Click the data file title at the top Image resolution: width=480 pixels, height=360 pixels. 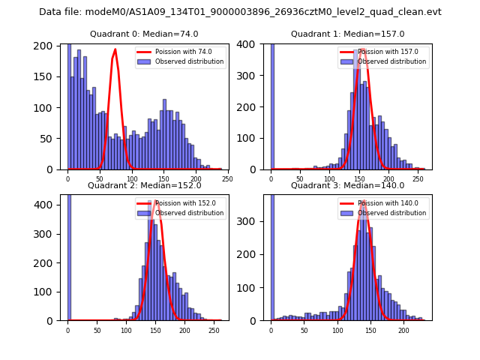click(240, 12)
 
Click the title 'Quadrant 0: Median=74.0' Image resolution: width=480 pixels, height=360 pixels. click(144, 34)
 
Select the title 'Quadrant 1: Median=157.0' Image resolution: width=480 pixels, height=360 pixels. click(347, 34)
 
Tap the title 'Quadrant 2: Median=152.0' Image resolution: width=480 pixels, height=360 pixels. click(144, 185)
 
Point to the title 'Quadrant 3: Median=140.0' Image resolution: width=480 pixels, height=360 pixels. click(347, 185)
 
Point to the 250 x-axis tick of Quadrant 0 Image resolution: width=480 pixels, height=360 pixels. click(227, 178)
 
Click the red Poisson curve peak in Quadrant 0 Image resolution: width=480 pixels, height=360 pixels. click(115, 49)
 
